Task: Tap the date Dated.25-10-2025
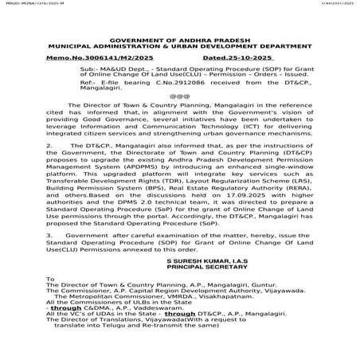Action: pyautogui.click(x=237, y=58)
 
